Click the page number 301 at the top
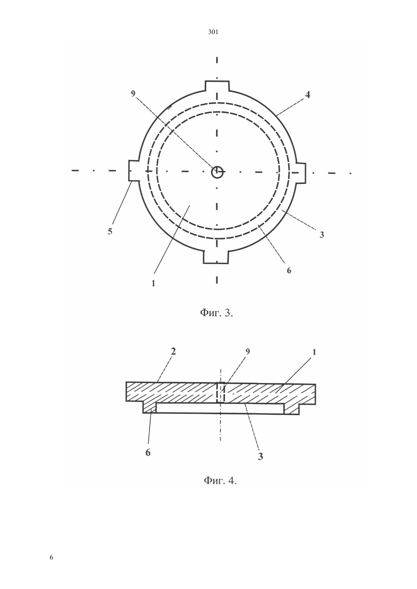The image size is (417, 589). (x=213, y=32)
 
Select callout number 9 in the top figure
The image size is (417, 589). (x=133, y=93)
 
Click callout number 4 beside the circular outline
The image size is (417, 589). (x=307, y=94)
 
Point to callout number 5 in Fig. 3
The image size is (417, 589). (x=110, y=231)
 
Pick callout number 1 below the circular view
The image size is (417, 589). (x=153, y=283)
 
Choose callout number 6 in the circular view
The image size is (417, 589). (x=289, y=270)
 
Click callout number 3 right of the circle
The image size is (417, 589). (x=322, y=235)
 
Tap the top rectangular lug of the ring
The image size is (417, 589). (x=217, y=86)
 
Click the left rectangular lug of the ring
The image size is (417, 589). (x=134, y=170)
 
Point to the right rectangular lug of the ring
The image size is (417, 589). (x=301, y=173)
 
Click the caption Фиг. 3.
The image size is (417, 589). (x=217, y=313)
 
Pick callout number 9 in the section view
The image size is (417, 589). (x=248, y=352)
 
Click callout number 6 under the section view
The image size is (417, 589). (x=148, y=452)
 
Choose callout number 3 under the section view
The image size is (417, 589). (x=260, y=457)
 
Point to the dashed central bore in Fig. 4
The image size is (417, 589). (x=220, y=392)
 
